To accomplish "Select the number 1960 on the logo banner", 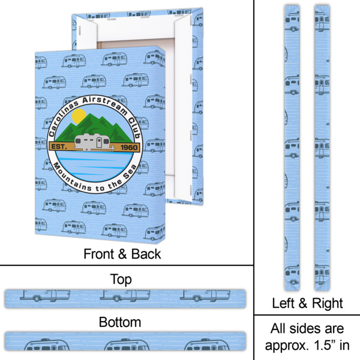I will [129, 147].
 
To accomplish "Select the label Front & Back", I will [122, 254].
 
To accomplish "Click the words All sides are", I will [307, 329].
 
